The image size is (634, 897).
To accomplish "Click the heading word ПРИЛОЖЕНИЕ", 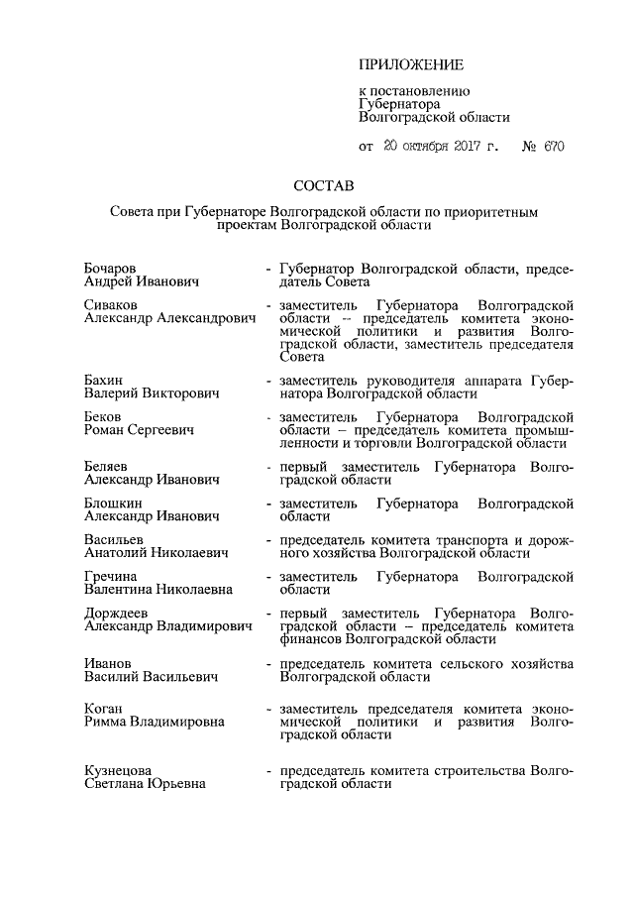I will pos(410,65).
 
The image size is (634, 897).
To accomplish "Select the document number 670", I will pos(553,146).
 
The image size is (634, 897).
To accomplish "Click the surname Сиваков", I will pos(111,303).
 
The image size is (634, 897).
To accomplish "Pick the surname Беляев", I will pos(107,465).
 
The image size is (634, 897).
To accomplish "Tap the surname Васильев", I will pos(115,539).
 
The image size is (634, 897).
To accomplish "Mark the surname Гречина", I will pos(112,576).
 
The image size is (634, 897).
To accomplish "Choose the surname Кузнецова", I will pos(119,770).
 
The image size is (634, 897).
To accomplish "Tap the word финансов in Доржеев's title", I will pos(312,640).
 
